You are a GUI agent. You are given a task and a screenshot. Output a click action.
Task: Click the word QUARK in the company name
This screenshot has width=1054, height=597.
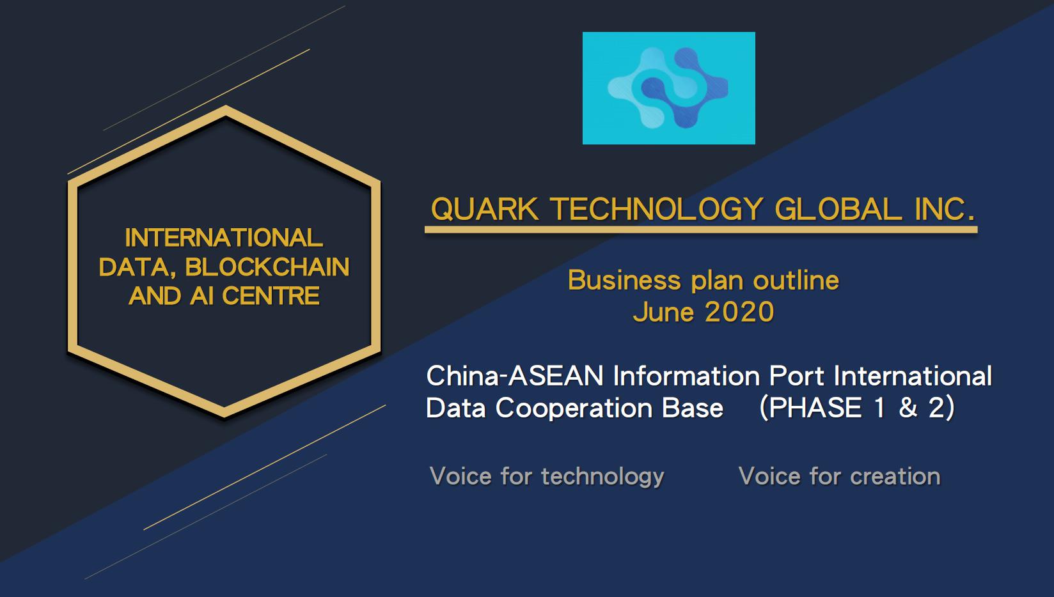click(x=485, y=209)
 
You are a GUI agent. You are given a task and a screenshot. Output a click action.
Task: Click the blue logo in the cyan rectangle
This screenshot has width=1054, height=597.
click(x=668, y=88)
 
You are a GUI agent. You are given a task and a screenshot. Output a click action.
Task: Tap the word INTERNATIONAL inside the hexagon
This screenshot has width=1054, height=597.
click(x=224, y=237)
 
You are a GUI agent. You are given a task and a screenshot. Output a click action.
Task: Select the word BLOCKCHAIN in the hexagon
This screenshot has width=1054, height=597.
click(x=267, y=267)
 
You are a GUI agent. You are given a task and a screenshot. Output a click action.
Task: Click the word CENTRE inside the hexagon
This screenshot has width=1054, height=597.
click(x=271, y=296)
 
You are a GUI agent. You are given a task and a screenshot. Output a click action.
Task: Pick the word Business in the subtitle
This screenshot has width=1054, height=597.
click(x=624, y=280)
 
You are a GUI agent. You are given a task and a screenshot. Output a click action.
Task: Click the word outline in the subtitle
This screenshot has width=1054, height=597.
click(x=796, y=280)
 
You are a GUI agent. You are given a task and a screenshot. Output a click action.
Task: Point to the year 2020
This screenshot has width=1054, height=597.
click(x=739, y=312)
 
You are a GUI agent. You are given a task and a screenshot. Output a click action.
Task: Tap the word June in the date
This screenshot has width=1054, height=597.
click(x=663, y=312)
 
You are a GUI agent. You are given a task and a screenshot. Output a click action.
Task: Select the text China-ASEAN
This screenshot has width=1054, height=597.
click(x=515, y=376)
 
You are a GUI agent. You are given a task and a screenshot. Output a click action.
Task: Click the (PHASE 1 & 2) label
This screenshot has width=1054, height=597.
click(x=857, y=408)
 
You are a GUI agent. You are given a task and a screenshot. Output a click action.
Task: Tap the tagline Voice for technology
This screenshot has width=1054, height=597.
click(x=547, y=476)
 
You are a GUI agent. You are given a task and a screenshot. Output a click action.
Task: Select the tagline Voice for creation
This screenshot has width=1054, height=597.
click(x=840, y=476)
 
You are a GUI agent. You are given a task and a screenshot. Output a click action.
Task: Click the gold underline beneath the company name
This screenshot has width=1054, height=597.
click(x=701, y=230)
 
